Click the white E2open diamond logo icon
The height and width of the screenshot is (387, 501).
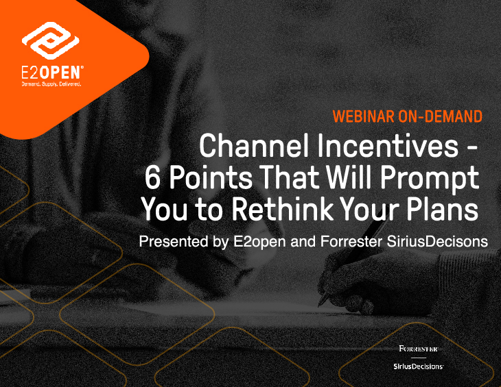point(51,40)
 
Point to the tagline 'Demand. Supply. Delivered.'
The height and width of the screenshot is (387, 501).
point(51,84)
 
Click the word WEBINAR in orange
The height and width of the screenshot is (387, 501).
point(364,116)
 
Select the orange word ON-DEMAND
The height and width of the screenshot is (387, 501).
point(441,116)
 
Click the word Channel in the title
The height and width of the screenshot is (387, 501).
point(255,145)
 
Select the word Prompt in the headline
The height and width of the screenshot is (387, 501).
point(430,179)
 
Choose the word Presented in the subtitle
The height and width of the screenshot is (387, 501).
point(174,241)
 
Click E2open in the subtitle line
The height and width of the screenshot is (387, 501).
point(259,242)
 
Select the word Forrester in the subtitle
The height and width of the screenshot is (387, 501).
point(351,241)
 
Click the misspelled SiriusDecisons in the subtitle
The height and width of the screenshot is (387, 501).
point(437,241)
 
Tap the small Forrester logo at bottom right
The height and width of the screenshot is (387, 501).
point(419,349)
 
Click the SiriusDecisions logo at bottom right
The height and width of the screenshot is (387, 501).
point(418,366)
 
